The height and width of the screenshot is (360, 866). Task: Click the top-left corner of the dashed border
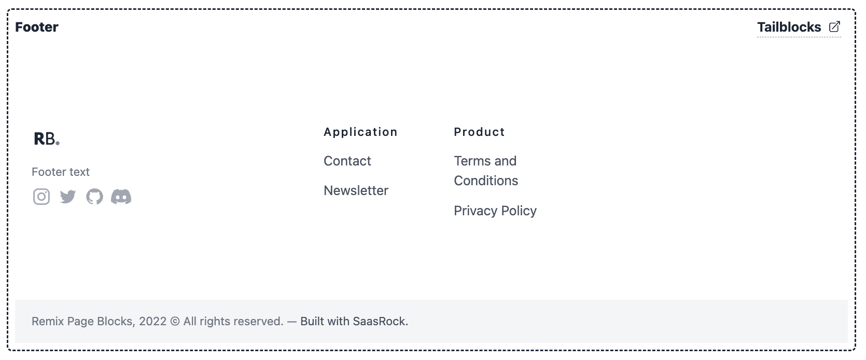(8, 9)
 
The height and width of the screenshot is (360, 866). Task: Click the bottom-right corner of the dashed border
(855, 350)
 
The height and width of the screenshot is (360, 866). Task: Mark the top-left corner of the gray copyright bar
(15, 300)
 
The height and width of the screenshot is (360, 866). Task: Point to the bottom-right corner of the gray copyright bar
(848, 342)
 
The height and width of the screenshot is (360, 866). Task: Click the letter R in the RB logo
(39, 139)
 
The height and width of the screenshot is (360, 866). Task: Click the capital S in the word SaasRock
(356, 321)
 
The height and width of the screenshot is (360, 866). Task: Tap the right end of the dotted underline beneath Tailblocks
(841, 37)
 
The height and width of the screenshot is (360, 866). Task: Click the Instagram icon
(41, 197)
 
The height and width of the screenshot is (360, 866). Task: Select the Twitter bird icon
(68, 197)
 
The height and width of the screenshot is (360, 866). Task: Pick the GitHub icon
(94, 197)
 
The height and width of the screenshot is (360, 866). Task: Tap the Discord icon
(121, 197)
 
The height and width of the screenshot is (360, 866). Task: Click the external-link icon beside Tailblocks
(835, 26)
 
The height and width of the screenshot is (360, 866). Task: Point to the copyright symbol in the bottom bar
(175, 321)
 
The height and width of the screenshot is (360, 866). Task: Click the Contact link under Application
(347, 161)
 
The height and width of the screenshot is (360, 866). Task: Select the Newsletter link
(356, 190)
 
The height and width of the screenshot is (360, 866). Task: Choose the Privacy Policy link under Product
(495, 211)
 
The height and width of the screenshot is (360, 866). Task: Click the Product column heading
(479, 132)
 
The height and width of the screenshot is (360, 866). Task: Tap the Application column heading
(361, 132)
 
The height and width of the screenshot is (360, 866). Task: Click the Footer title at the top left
(37, 27)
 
